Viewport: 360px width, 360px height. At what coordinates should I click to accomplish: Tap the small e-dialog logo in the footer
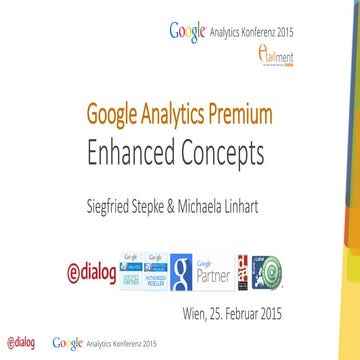[x=20, y=343]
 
